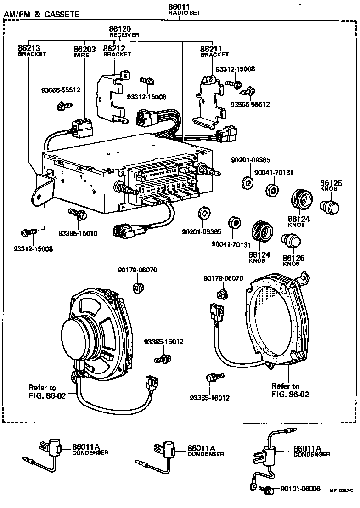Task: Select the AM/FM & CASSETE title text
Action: point(41,15)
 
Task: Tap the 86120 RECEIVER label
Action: point(124,32)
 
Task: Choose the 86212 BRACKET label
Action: point(117,51)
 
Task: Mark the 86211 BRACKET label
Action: point(214,51)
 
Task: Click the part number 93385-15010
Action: point(78,233)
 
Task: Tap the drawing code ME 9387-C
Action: point(342,491)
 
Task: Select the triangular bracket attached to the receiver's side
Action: point(44,189)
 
